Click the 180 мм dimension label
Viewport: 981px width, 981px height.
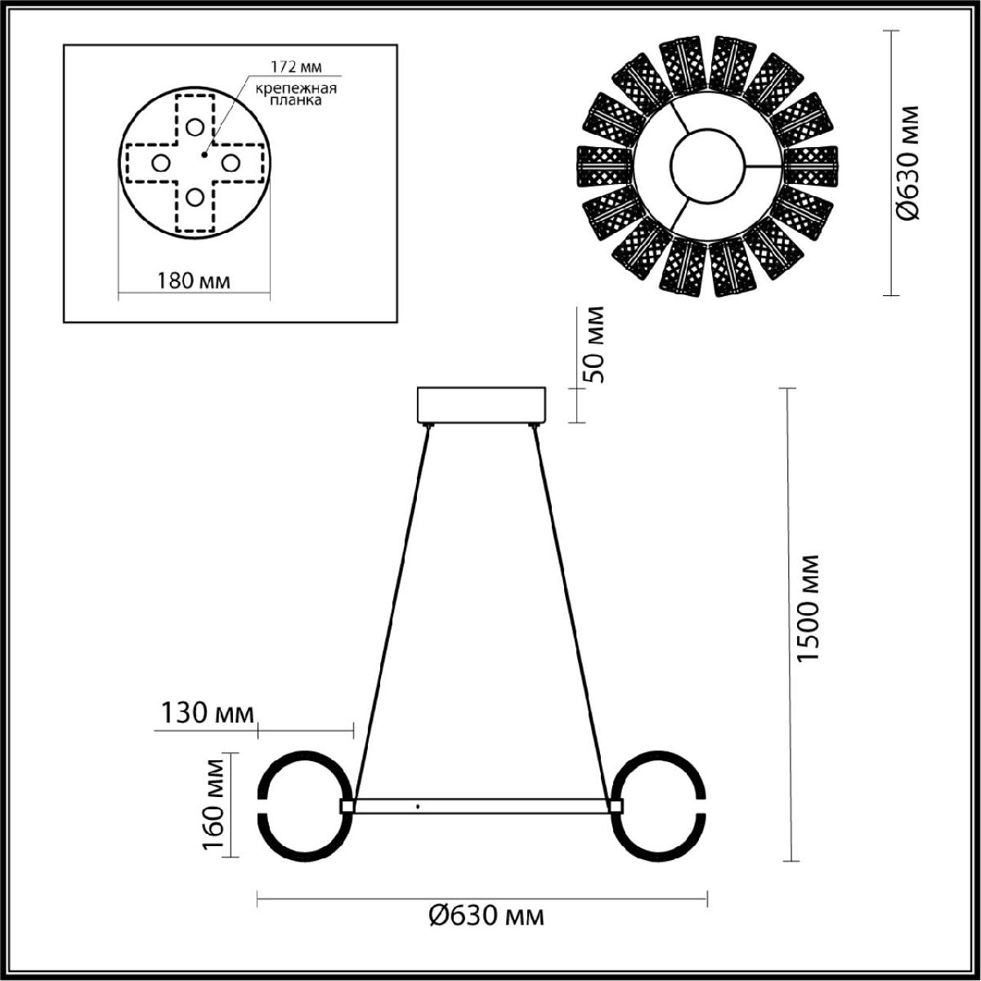click(x=193, y=280)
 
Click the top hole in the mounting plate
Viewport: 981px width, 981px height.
click(x=194, y=128)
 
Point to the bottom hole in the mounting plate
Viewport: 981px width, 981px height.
click(x=194, y=197)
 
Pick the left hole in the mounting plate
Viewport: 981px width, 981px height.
click(x=159, y=163)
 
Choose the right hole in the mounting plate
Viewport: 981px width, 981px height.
click(x=230, y=163)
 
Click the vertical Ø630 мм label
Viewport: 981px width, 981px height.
click(x=908, y=163)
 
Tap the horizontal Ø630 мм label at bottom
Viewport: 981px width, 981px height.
click(x=486, y=915)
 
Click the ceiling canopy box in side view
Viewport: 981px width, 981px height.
click(x=483, y=405)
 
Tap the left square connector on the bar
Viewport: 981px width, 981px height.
click(x=347, y=806)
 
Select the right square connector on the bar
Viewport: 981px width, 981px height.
click(x=615, y=806)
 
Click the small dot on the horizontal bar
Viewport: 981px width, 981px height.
click(x=418, y=807)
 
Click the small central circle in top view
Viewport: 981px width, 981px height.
click(x=707, y=163)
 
